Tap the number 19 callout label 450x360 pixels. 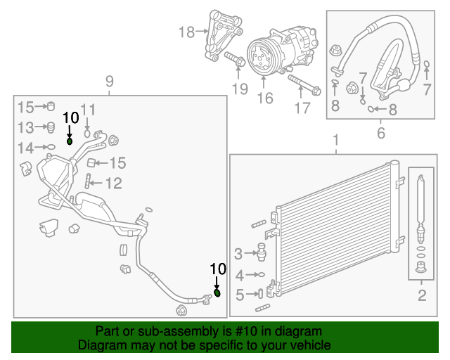tap(240, 89)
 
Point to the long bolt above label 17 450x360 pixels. tap(304, 84)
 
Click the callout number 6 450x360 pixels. tap(381, 132)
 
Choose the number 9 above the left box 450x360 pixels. tap(109, 82)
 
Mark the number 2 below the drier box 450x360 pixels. tap(422, 295)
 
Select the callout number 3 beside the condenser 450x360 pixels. tap(238, 253)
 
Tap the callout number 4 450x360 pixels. tap(240, 275)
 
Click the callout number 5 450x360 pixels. tap(240, 295)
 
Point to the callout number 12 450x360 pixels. tap(113, 184)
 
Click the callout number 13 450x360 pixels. tap(25, 127)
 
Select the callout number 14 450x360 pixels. tap(25, 148)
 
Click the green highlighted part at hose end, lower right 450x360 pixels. tap(217, 292)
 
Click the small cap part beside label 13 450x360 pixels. tap(50, 127)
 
